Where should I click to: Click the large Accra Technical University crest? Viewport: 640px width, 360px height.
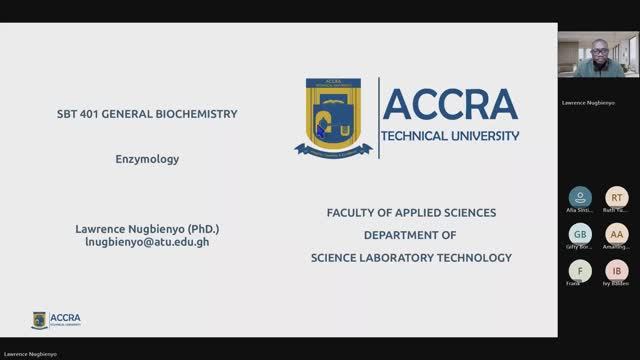(x=333, y=118)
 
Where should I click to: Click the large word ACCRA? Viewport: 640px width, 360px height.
(x=451, y=104)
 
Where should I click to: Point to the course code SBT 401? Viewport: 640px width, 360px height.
(x=84, y=114)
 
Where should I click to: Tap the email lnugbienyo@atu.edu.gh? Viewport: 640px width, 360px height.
(x=147, y=242)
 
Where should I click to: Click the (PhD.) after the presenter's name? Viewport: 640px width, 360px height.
(x=197, y=228)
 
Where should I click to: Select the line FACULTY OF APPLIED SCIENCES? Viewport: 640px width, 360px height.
(x=411, y=213)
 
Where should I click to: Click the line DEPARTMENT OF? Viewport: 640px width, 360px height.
(x=410, y=235)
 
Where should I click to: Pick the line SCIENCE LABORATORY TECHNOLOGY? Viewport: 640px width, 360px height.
(x=411, y=257)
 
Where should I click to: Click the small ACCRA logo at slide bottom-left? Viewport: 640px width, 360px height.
(x=56, y=320)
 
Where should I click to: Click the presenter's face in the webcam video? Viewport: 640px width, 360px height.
(x=598, y=50)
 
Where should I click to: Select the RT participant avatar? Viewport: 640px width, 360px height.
(x=617, y=197)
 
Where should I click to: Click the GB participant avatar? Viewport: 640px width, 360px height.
(x=580, y=234)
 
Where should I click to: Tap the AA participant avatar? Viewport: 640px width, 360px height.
(x=617, y=234)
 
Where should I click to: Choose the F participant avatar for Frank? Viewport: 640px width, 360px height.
(x=580, y=271)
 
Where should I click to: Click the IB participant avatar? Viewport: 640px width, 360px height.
(x=617, y=271)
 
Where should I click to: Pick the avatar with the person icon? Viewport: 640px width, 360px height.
(x=580, y=197)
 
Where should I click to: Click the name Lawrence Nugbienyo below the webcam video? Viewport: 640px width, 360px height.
(x=587, y=102)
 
